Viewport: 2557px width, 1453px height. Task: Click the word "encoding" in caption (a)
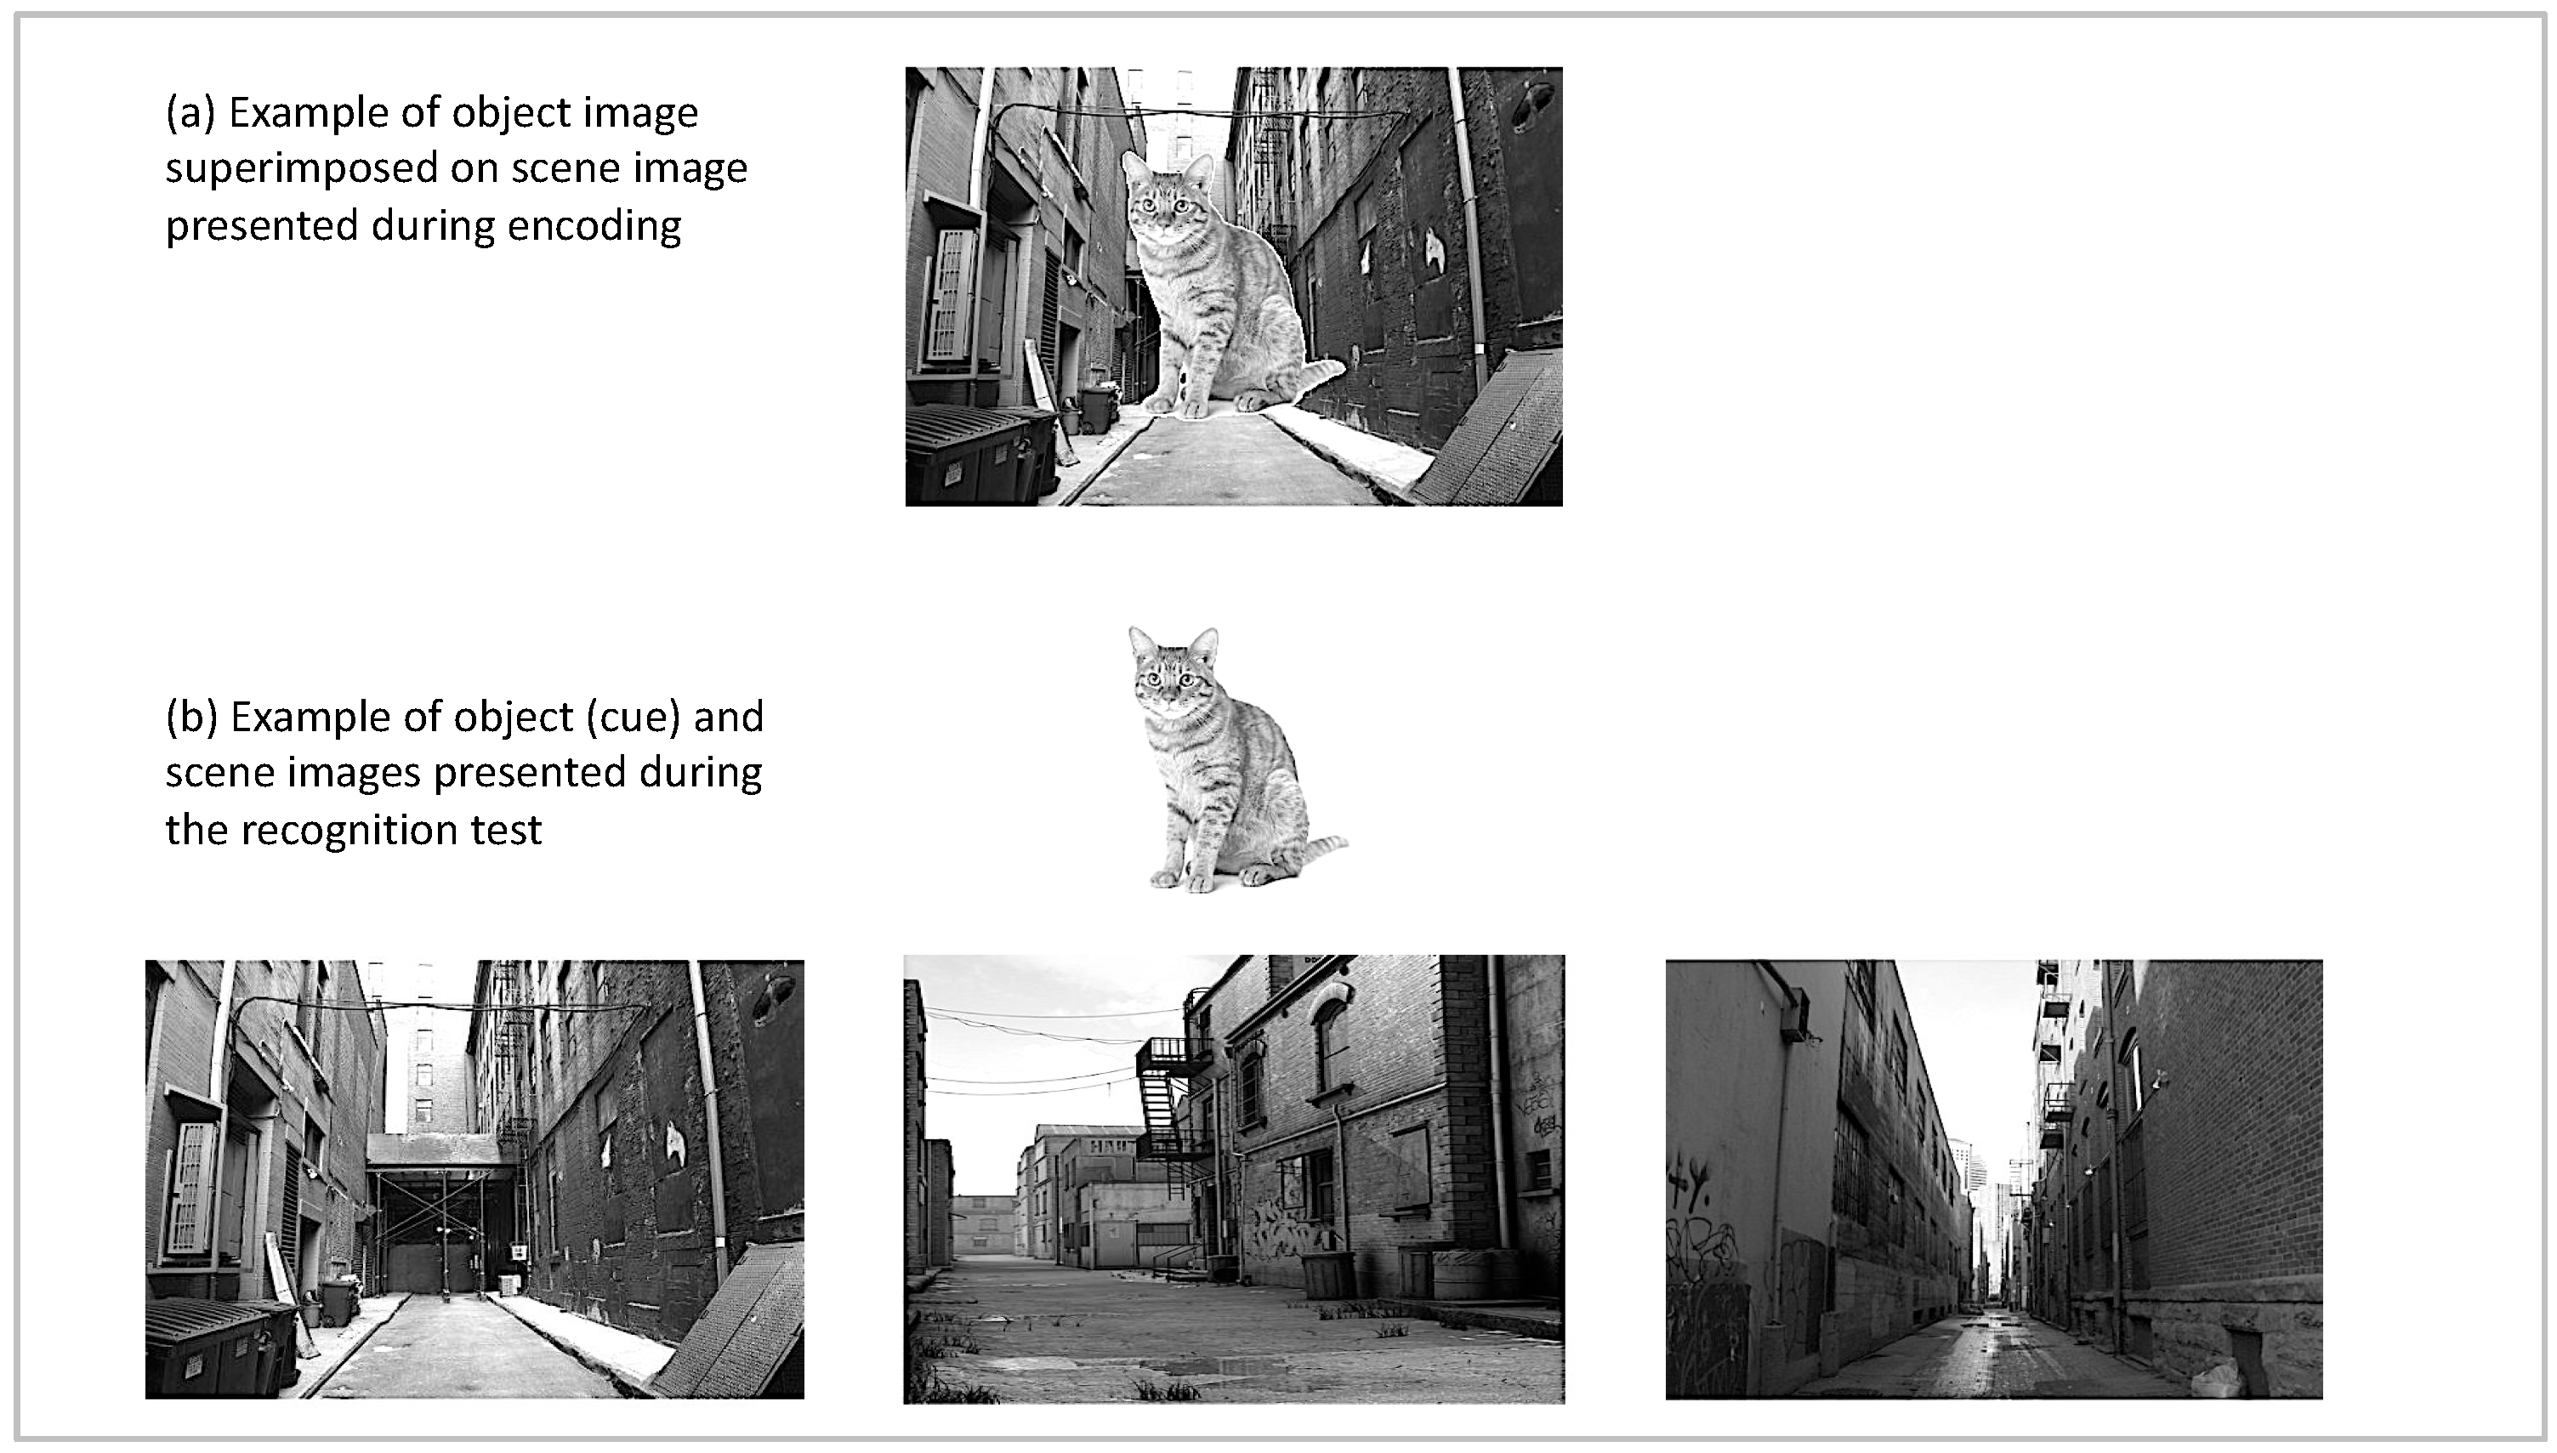[x=594, y=225]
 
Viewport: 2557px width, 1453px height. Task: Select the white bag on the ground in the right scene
[x=2212, y=1382]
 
